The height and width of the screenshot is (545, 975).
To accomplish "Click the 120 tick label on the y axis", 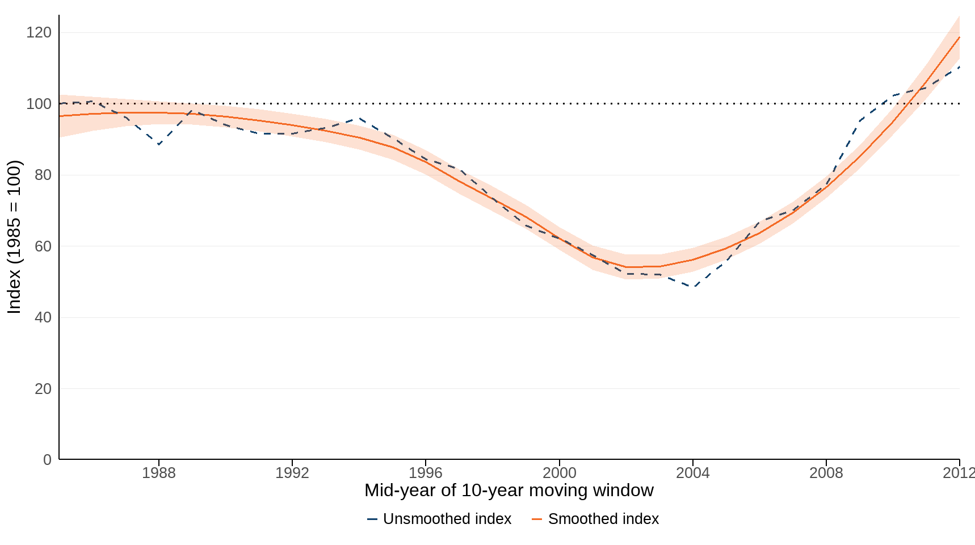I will tap(39, 32).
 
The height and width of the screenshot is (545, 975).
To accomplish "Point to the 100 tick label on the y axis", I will tap(39, 104).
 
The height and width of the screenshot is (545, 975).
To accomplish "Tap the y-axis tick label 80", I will tap(43, 175).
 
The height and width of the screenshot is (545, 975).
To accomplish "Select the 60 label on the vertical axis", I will tap(43, 246).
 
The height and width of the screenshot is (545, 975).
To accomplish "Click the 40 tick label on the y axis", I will tap(43, 317).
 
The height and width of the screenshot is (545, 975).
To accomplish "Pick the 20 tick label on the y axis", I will tap(43, 389).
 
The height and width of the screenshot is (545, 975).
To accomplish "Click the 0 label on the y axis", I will tap(47, 460).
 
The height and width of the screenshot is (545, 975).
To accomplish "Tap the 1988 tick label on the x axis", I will tap(159, 473).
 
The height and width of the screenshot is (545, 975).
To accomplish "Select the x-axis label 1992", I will tap(292, 473).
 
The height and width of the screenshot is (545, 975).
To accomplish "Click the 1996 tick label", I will tap(426, 473).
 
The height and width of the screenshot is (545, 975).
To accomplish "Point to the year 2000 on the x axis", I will tap(559, 473).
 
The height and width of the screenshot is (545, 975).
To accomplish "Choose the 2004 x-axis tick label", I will tap(692, 473).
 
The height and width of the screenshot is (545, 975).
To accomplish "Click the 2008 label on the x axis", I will tap(826, 473).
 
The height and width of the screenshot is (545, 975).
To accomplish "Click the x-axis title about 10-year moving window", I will tap(508, 491).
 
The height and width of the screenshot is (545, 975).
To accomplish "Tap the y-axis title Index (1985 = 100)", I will tap(14, 237).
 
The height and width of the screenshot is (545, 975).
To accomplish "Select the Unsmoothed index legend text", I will tap(447, 519).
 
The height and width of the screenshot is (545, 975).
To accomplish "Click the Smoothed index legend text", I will tap(603, 519).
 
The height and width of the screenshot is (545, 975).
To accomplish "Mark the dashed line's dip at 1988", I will tap(159, 144).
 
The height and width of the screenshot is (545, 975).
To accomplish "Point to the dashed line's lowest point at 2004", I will tap(692, 287).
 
